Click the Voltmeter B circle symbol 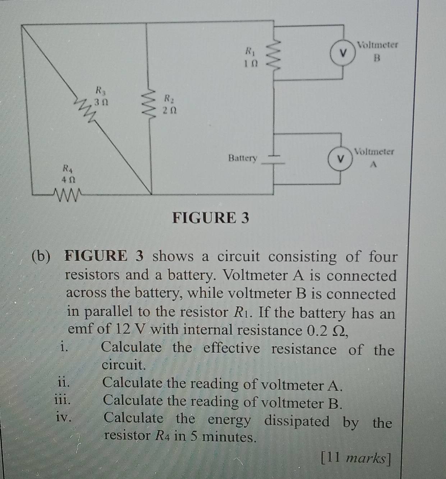343,53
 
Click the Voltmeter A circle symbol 340,159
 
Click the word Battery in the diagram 243,158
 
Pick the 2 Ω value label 169,111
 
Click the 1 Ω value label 250,64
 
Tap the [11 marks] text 356,459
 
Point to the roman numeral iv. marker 63,418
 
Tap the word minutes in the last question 229,437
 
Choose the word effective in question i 231,349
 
